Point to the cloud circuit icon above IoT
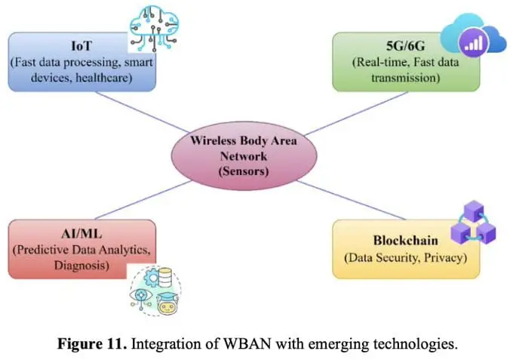coord(156,27)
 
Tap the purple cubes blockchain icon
coord(471,224)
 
